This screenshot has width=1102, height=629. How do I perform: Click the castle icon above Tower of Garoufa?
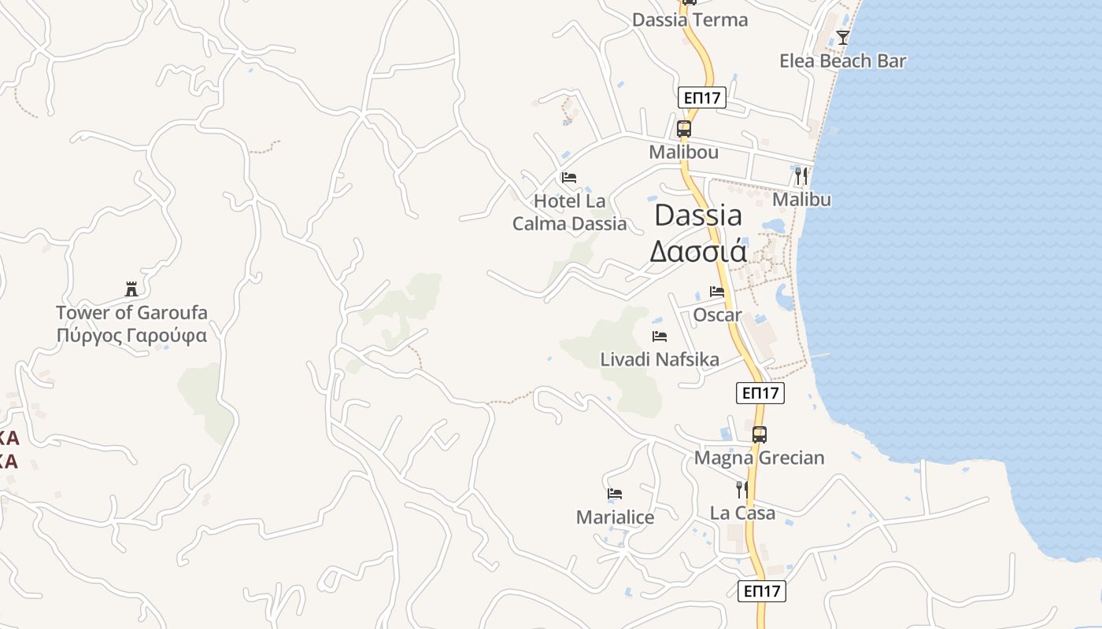131,289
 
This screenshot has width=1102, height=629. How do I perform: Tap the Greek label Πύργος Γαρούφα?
131,336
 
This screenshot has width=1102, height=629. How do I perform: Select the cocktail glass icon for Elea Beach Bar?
843,37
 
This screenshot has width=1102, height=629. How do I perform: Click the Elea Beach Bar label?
842,61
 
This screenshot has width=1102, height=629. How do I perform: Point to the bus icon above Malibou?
683,129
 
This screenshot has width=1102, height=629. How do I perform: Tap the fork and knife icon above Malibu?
801,175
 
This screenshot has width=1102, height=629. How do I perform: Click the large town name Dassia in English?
698,215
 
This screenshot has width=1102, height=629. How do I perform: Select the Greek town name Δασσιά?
697,250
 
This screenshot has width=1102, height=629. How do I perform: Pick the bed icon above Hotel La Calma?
569,178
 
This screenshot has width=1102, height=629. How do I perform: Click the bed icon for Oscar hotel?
716,291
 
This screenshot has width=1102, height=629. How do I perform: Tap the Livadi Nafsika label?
660,359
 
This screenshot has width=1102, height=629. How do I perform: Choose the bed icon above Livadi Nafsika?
660,337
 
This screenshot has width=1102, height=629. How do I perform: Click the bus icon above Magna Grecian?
759,434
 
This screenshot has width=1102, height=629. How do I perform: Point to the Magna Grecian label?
759,458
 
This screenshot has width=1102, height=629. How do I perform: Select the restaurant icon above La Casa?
742,490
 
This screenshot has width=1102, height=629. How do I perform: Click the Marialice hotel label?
615,517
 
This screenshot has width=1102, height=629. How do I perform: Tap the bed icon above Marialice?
615,494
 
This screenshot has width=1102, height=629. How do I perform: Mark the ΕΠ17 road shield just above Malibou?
701,98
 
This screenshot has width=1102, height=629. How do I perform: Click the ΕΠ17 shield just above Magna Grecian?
760,393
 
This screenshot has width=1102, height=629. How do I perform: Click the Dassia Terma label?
690,20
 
